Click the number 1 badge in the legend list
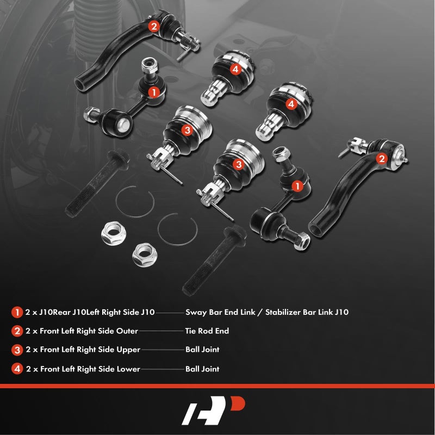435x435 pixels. tap(17, 312)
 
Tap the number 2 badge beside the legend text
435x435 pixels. tap(17, 331)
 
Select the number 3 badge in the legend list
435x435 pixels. tap(17, 350)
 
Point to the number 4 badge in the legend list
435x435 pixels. tap(17, 369)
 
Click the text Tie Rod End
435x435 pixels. tap(207, 331)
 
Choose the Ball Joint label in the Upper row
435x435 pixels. tap(202, 350)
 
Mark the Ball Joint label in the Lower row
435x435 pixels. tap(202, 369)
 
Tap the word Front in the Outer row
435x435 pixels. tap(49, 331)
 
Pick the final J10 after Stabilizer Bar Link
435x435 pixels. tap(342, 312)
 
